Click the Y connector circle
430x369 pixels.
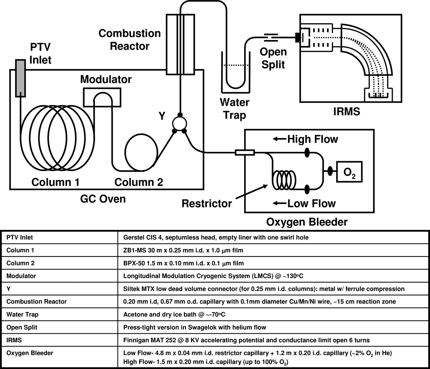pos(178,123)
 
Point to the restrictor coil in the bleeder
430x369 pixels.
pos(284,179)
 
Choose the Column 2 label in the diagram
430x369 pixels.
pos(138,182)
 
